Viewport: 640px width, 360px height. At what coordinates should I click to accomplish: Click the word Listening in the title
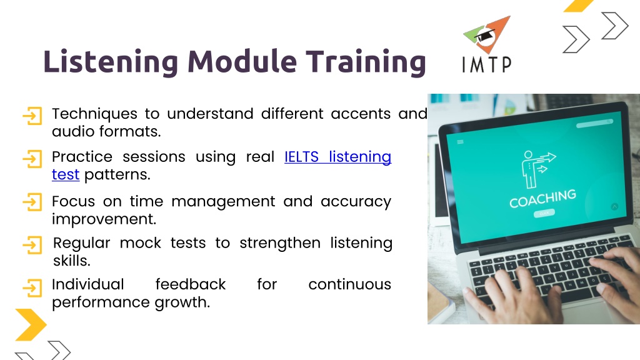tap(111, 62)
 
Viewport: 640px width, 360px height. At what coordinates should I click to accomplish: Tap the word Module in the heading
tap(242, 61)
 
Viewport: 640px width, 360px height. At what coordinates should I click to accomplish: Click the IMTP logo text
tap(486, 64)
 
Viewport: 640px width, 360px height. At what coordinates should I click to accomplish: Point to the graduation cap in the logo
tap(484, 36)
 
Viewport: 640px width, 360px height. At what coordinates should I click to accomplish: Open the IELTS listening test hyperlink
tap(222, 165)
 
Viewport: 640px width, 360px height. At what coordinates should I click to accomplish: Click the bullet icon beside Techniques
tap(32, 116)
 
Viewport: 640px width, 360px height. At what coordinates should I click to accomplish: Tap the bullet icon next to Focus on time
tap(32, 202)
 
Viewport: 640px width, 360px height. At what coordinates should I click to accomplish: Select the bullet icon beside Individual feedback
tap(32, 287)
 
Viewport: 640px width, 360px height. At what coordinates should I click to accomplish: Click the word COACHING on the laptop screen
tap(543, 198)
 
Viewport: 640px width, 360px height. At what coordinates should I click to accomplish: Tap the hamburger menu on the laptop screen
tap(461, 142)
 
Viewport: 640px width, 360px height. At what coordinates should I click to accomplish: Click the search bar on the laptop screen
tap(594, 123)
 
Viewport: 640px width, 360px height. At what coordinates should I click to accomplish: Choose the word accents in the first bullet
tap(361, 114)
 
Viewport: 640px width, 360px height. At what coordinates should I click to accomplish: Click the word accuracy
tap(356, 202)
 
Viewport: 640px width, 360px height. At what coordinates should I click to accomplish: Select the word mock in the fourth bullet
tap(141, 243)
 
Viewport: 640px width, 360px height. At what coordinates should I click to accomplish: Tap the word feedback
tap(191, 284)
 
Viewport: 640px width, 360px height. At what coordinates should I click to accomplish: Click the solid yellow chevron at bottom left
tap(31, 325)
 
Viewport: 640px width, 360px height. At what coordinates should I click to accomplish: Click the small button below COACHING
tap(544, 214)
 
